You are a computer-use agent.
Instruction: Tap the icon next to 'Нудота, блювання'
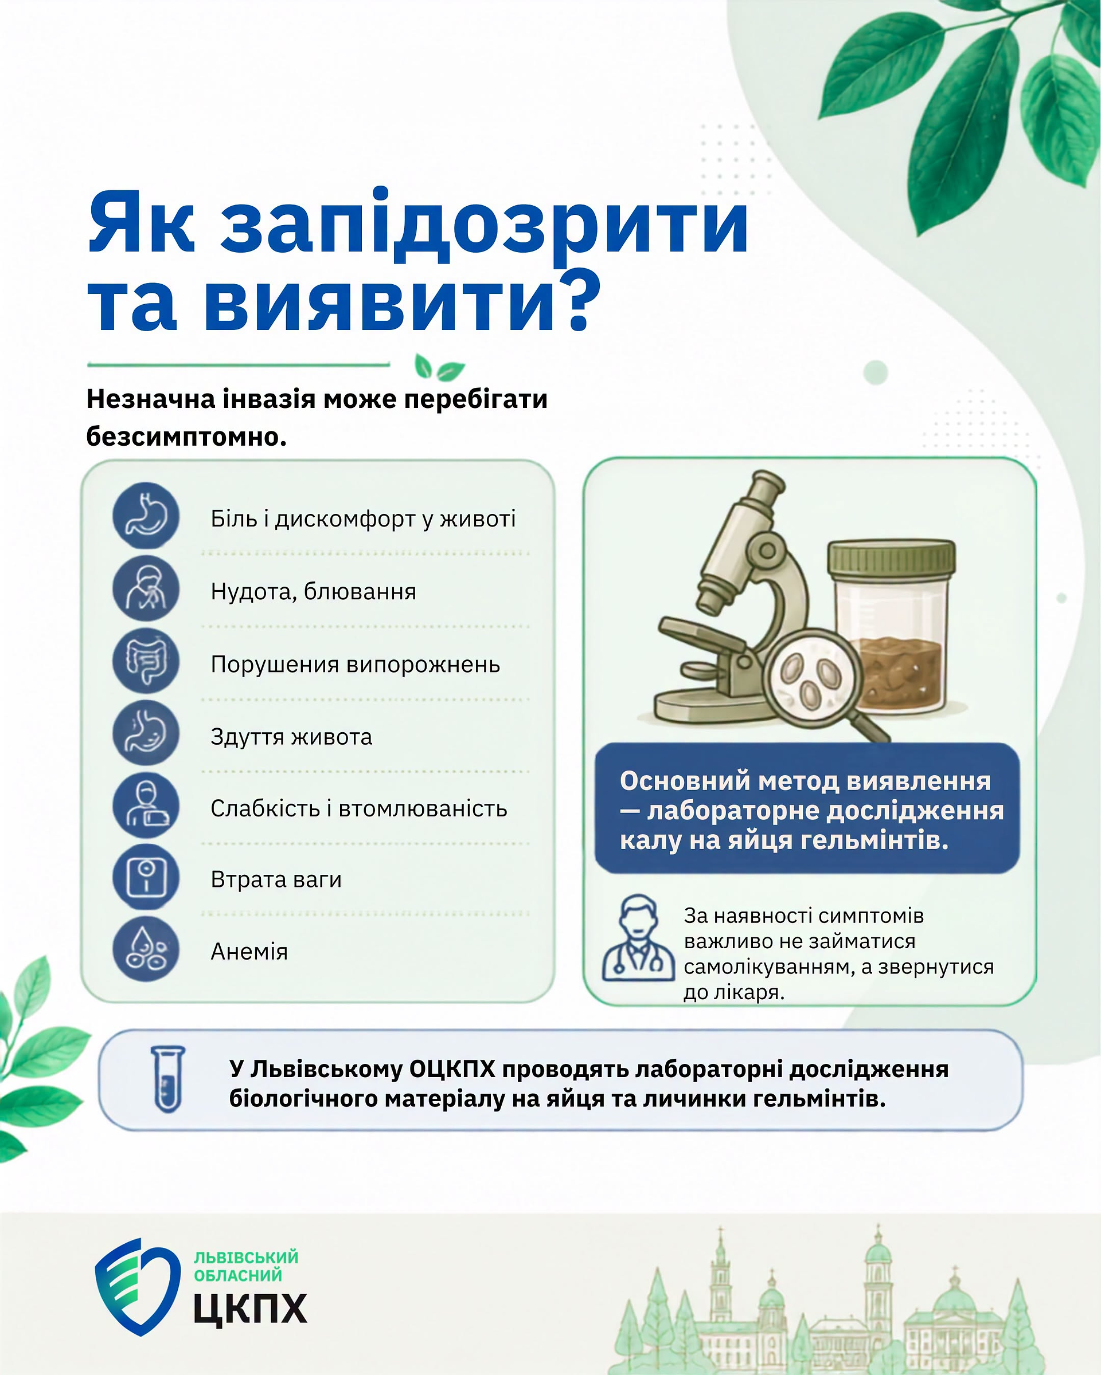(146, 588)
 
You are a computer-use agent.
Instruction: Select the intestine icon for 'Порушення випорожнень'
(146, 661)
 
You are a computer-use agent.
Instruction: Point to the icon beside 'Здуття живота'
(146, 733)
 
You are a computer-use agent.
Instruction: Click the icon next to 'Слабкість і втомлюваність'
(146, 806)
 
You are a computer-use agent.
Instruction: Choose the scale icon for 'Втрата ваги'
(146, 878)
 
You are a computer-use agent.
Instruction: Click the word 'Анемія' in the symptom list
(249, 952)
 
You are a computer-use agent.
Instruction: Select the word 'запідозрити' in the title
(485, 225)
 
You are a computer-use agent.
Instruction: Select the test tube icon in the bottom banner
(168, 1079)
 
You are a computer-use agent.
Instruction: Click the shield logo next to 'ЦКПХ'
(137, 1286)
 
